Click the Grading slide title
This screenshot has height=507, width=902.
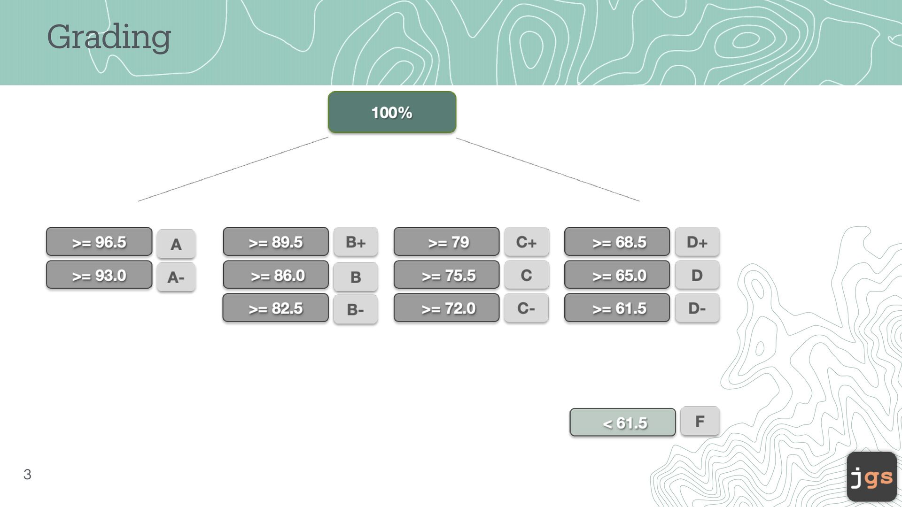(109, 37)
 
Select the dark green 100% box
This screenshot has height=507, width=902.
(392, 112)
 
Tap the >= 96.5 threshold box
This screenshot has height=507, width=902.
(99, 242)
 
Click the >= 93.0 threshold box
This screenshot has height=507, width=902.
(99, 275)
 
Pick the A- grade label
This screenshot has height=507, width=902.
(176, 277)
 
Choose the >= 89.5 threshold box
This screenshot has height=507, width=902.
(276, 242)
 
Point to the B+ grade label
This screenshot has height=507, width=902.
(356, 242)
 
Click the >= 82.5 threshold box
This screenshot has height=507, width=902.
(276, 308)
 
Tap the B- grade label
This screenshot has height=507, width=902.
(356, 309)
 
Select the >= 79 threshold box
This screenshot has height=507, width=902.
(446, 242)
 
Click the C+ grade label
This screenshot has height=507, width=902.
(526, 242)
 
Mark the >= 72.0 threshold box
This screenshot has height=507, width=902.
(446, 308)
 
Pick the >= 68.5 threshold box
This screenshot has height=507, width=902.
(617, 242)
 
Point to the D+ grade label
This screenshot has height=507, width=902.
(697, 242)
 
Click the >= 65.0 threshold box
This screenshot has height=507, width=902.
(617, 275)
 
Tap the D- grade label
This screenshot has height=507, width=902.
(697, 308)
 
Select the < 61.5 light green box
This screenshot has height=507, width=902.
(622, 422)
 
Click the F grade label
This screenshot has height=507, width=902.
(700, 421)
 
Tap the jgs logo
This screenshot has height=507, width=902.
(871, 477)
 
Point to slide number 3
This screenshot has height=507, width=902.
(27, 475)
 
